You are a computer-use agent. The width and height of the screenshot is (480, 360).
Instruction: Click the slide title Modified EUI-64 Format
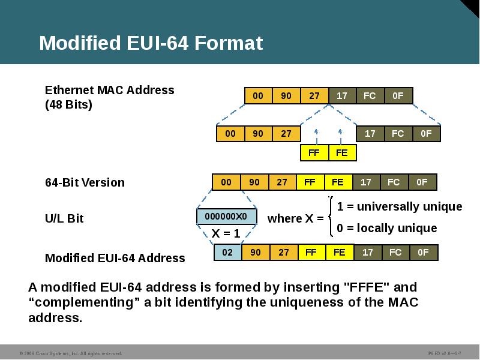pos(151,43)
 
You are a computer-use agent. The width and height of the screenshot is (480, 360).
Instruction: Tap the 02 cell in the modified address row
pos(227,253)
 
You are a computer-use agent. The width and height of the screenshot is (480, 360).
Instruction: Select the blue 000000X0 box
pos(226,217)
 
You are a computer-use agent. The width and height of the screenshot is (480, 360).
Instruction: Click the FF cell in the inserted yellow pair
pos(314,153)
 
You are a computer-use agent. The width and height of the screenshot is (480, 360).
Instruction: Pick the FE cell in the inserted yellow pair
pos(342,153)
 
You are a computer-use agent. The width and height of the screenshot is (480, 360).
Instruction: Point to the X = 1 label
pos(226,233)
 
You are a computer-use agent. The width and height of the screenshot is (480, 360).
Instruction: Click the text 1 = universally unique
pos(400,206)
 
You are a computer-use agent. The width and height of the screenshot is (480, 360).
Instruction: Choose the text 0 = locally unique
pos(386,228)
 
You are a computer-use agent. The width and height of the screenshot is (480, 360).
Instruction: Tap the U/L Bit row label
pos(64,218)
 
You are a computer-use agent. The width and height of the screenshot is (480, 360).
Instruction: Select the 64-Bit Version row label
pos(85,182)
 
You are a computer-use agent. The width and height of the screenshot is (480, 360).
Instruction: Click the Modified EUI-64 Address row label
pos(115,258)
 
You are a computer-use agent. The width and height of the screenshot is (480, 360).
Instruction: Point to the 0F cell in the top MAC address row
pos(398,96)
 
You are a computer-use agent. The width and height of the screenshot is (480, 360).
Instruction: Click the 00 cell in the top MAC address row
pos(258,96)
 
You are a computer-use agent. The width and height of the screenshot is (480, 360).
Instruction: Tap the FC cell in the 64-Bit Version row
pos(394,182)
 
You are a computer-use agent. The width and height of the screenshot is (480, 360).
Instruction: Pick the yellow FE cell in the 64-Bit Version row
pos(338,182)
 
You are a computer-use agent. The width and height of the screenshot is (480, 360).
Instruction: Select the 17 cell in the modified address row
pos(367,253)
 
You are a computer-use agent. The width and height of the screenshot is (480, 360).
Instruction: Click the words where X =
pos(295,218)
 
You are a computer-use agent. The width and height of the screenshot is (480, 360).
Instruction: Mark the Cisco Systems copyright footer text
pos(70,353)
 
